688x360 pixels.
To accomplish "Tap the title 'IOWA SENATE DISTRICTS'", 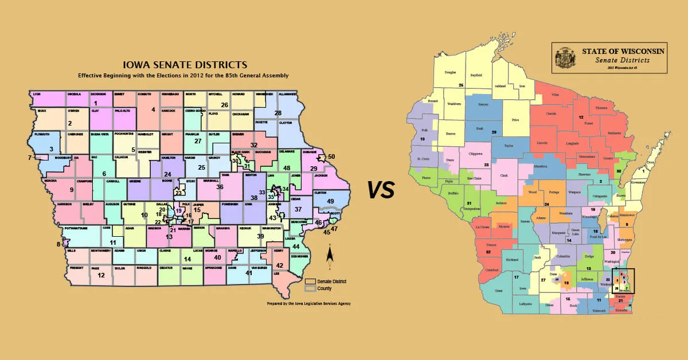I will (x=182, y=65).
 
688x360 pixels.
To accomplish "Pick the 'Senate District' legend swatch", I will (x=310, y=281).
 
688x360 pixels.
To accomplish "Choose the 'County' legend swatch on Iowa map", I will (x=310, y=288).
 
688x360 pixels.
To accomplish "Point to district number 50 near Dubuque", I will (x=331, y=156).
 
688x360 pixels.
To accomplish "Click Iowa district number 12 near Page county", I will (x=101, y=275).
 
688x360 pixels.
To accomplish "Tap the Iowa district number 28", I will (x=278, y=113).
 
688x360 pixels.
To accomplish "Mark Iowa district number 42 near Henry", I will (x=279, y=265).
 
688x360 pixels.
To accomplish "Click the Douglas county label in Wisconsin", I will (x=450, y=73).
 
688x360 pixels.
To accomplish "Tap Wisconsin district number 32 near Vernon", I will (x=488, y=252).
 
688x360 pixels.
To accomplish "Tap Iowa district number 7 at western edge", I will (x=29, y=157).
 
